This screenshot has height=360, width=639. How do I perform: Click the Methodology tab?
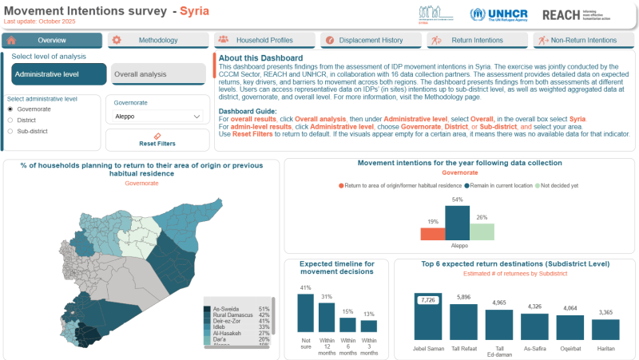coord(158,40)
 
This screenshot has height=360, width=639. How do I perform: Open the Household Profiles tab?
coord(264,40)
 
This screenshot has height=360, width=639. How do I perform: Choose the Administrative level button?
coord(59,74)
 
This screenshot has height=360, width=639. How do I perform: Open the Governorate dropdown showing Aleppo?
coord(157,117)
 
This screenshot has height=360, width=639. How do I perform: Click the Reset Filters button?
coord(157,140)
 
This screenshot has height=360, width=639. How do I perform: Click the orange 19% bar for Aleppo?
coord(432,233)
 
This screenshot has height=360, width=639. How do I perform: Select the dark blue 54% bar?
coord(457,223)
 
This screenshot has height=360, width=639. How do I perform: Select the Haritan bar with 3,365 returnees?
coord(605,330)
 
